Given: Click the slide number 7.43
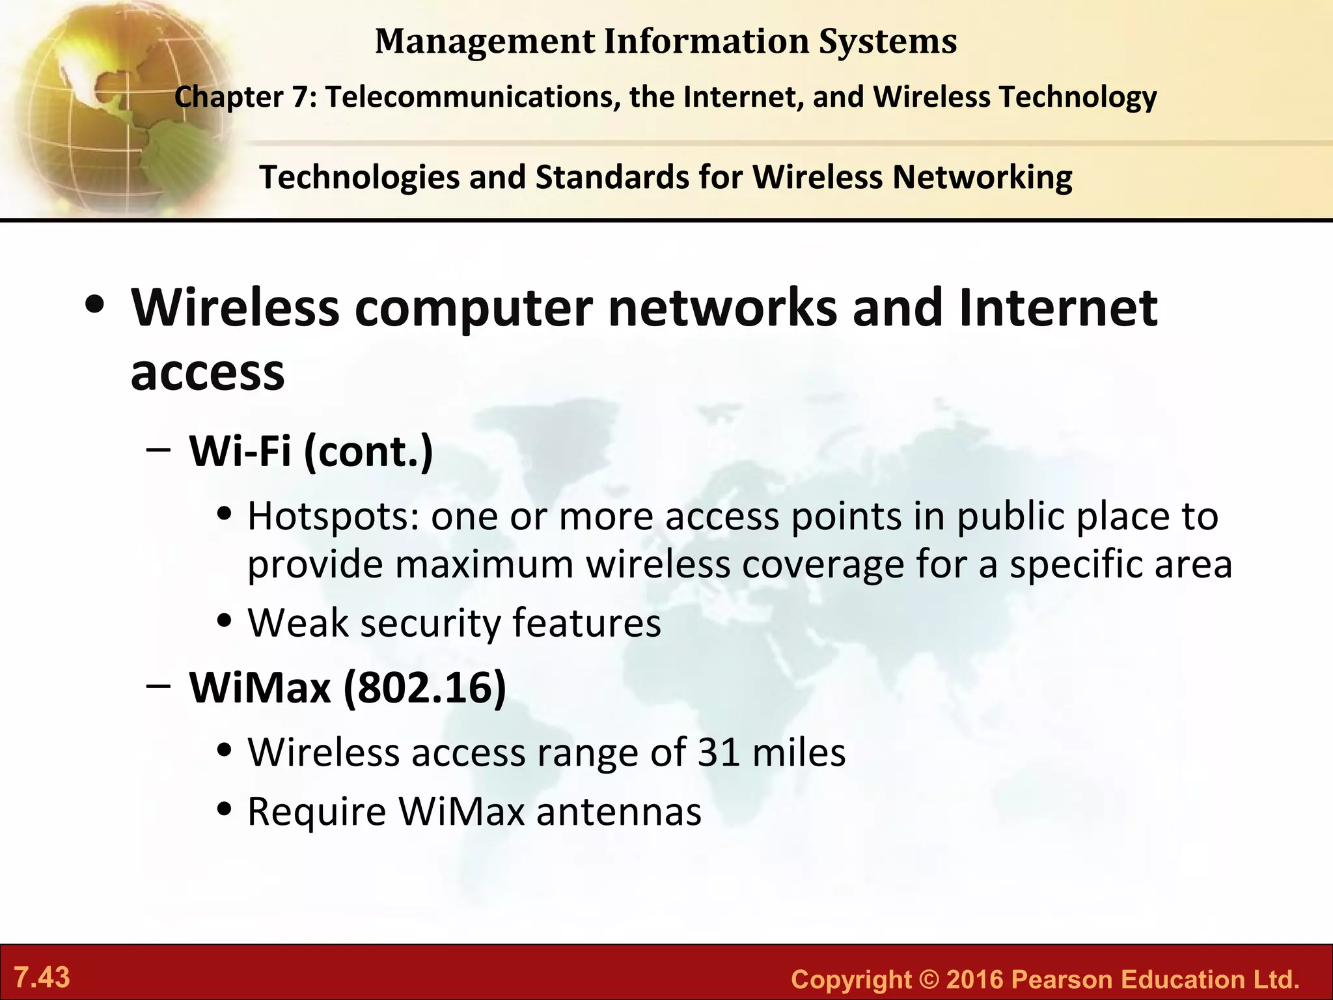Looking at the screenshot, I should (x=42, y=977).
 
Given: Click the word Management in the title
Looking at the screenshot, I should (x=485, y=42).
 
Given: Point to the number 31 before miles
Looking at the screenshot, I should (x=719, y=753).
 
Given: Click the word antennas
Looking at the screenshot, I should (x=619, y=812).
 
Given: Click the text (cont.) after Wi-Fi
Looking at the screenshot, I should (x=368, y=451).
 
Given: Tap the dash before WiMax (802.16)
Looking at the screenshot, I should (x=159, y=686).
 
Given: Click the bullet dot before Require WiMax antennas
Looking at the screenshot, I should (x=225, y=810).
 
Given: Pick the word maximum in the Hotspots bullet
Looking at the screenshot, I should (x=484, y=564).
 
